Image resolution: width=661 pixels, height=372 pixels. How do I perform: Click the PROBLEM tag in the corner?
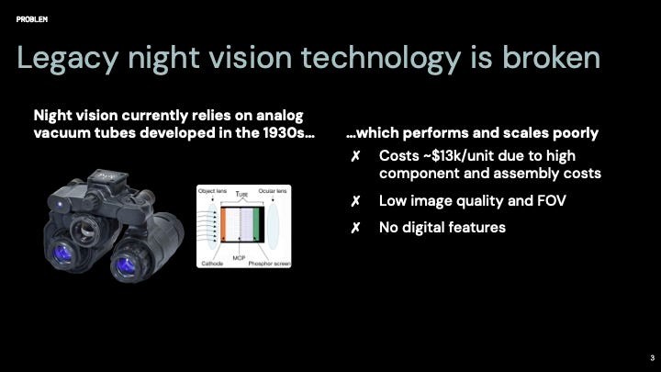pyautogui.click(x=32, y=18)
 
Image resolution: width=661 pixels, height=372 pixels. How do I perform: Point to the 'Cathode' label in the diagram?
pyautogui.click(x=212, y=264)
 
